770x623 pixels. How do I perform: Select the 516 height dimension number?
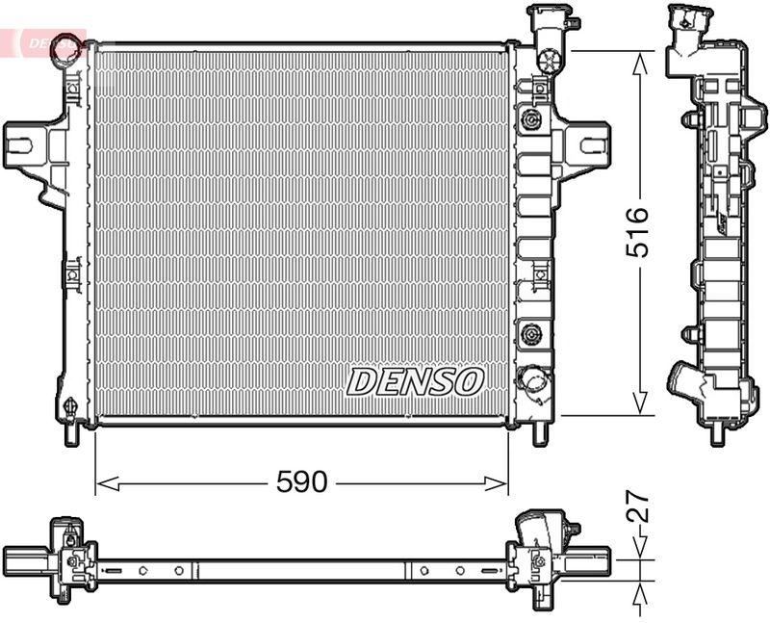pyautogui.click(x=637, y=231)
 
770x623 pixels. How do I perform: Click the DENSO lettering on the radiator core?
pyautogui.click(x=414, y=381)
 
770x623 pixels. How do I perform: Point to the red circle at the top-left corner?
pyautogui.click(x=66, y=42)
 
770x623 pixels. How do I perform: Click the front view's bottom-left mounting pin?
pyautogui.click(x=70, y=433)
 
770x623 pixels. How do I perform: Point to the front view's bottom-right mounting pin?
pyautogui.click(x=541, y=433)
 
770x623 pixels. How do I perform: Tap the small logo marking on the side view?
pyautogui.click(x=722, y=224)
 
